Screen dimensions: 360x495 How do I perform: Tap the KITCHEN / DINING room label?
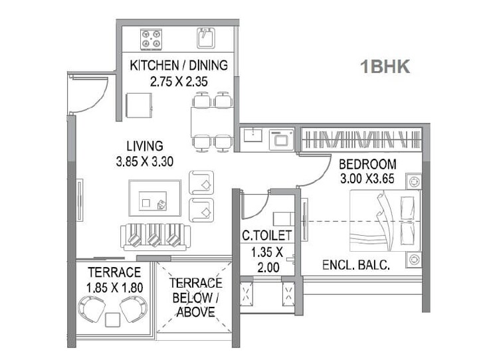tap(179, 65)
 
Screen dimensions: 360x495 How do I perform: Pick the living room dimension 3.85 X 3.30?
tap(145, 161)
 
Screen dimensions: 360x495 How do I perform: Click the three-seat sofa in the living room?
tap(155, 236)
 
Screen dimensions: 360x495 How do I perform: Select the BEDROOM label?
tap(367, 164)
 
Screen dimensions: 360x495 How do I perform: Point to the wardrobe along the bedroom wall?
tap(361, 139)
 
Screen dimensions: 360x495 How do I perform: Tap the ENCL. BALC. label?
tap(355, 265)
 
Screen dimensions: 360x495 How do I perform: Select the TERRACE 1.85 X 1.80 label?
tap(114, 280)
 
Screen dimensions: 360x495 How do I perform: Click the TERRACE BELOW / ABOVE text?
tap(193, 298)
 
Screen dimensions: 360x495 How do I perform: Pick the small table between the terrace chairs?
tap(113, 320)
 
